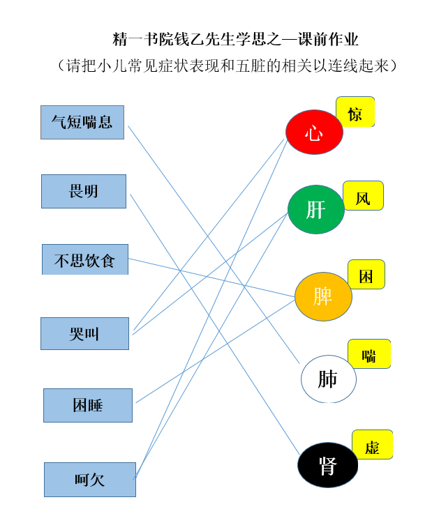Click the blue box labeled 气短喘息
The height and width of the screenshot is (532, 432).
pos(82,122)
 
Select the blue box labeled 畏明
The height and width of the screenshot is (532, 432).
pos(84,191)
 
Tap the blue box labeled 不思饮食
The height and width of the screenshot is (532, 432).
pos(85,259)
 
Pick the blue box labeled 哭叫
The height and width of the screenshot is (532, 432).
pos(84,333)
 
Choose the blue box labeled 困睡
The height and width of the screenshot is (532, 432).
pos(88,405)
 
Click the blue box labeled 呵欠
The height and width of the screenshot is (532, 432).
pos(90,480)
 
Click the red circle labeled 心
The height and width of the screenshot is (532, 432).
pos(314,132)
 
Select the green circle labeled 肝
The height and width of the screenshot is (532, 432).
pos(316,209)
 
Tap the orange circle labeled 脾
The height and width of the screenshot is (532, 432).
pos(323,296)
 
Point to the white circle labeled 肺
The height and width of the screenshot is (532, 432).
pos(329,379)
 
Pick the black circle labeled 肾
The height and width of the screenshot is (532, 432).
pos(328,465)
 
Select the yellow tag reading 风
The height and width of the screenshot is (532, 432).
pos(364,195)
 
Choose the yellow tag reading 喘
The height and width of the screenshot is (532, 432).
pos(370,354)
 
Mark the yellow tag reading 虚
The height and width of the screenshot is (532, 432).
pos(373,444)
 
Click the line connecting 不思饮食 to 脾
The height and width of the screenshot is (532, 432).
pos(211,278)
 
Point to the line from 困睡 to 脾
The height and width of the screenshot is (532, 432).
pos(216,351)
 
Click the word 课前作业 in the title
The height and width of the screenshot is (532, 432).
pos(328,40)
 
